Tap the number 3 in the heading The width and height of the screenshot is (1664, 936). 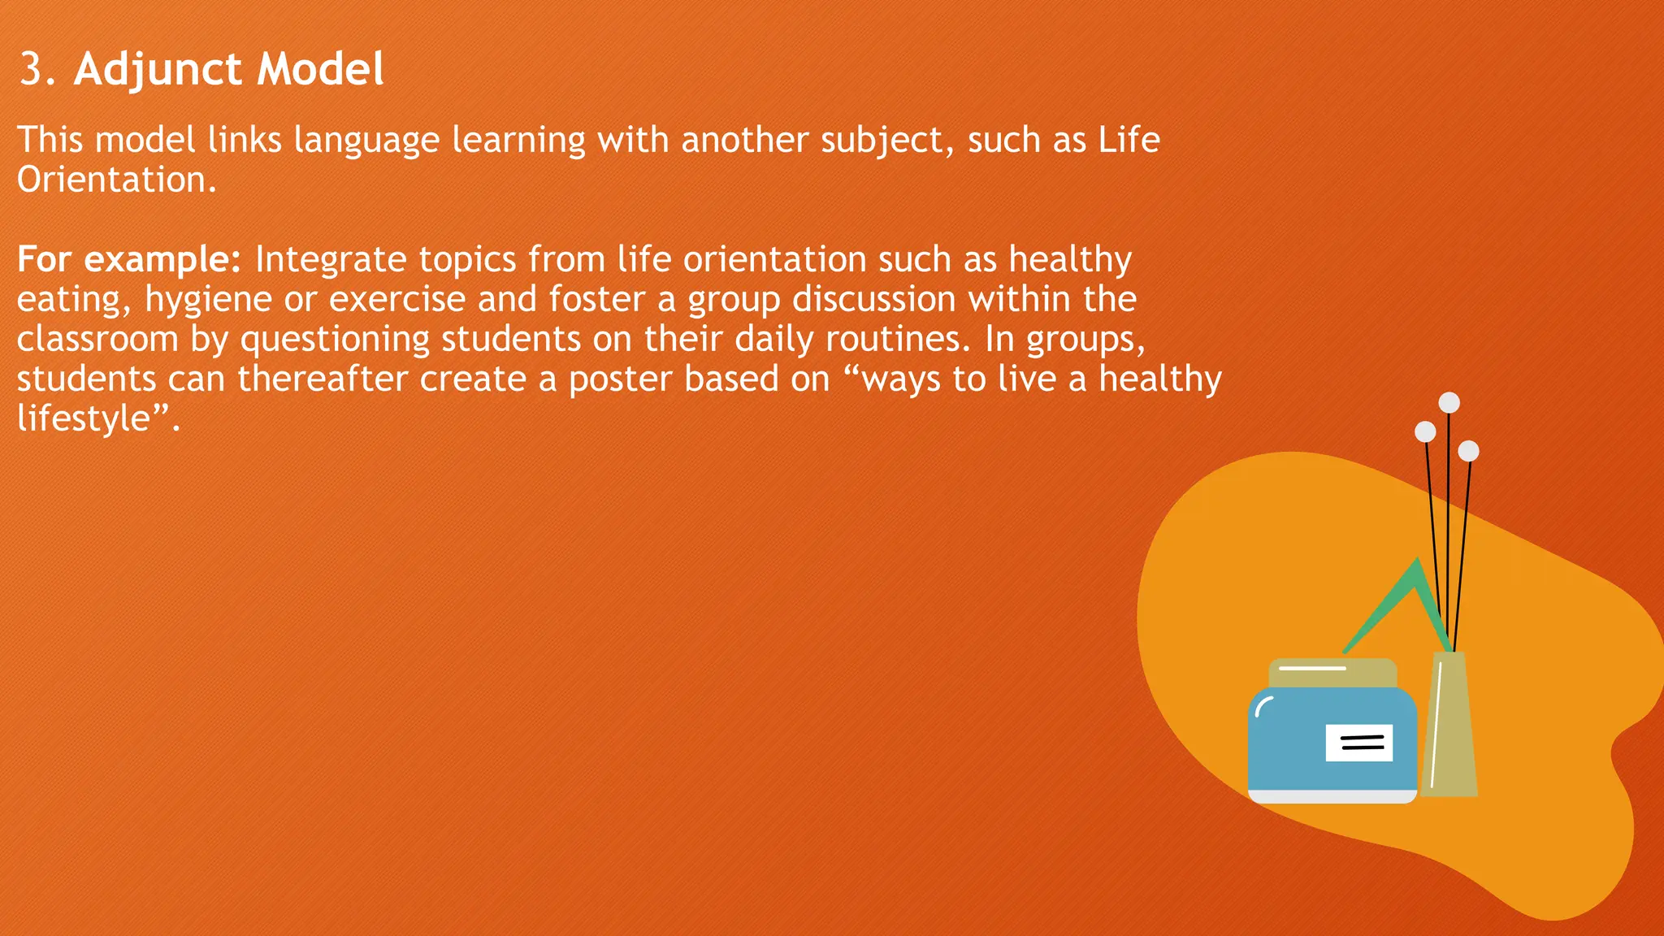[x=31, y=70]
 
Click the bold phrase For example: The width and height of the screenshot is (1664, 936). [x=128, y=260]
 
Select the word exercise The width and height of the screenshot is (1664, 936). [x=397, y=300]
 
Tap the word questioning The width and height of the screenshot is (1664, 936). [x=335, y=340]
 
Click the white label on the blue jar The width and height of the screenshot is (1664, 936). [x=1358, y=743]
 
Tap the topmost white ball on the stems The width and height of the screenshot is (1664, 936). [x=1449, y=402]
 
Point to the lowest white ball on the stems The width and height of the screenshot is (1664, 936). [x=1468, y=451]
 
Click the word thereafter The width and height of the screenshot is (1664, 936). [x=323, y=379]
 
